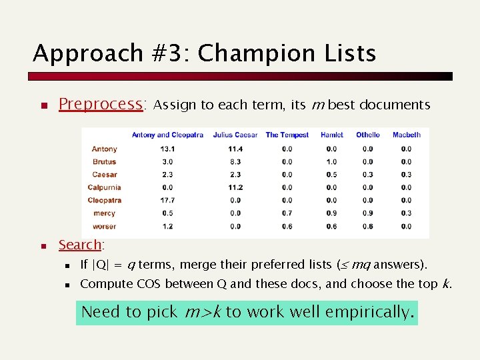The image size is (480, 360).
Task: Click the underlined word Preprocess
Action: click(101, 105)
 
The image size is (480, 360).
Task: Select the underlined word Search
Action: click(79, 245)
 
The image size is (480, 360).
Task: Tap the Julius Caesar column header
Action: click(235, 135)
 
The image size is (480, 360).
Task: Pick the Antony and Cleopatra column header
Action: click(167, 135)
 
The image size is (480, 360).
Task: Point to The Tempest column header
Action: click(287, 135)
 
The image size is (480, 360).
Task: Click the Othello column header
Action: click(367, 135)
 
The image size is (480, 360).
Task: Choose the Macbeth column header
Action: click(407, 135)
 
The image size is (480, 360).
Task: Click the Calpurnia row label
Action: click(104, 187)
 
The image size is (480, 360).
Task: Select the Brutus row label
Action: click(104, 161)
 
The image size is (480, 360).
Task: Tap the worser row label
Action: click(104, 226)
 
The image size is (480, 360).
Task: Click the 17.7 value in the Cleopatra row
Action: click(167, 200)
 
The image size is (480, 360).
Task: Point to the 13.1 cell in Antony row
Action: click(167, 149)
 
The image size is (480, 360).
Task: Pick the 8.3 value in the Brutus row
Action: click(235, 161)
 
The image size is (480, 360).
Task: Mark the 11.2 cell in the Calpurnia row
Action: click(235, 187)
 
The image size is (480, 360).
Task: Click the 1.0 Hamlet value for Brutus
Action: click(331, 161)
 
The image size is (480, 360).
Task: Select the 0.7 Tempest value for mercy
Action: click(287, 213)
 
